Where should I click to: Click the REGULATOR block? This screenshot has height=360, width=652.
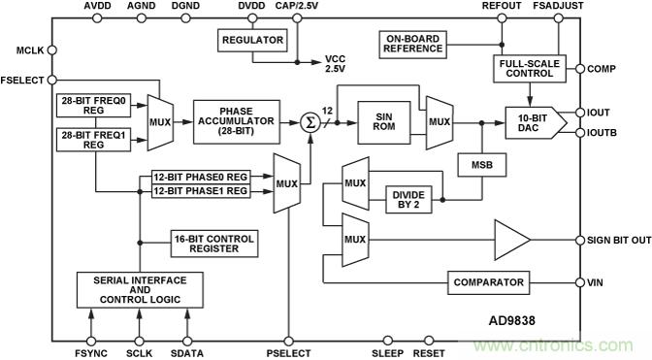tap(252, 40)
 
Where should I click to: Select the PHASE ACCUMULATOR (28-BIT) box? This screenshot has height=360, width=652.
tap(236, 122)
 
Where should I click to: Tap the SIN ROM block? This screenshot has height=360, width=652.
tap(384, 122)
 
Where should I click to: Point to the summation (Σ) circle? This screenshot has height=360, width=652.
tap(310, 122)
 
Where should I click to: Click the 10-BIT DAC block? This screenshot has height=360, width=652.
tap(536, 122)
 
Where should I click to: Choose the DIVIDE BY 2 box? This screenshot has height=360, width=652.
tap(408, 200)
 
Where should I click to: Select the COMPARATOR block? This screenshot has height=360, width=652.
tap(489, 282)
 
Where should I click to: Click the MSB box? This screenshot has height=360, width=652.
tap(482, 165)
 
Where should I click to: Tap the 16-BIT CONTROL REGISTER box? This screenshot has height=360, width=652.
tap(214, 244)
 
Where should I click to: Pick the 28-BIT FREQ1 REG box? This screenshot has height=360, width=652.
tap(93, 140)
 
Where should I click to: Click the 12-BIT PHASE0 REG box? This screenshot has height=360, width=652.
tap(201, 177)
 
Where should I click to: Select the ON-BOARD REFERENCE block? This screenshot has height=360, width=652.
tap(413, 44)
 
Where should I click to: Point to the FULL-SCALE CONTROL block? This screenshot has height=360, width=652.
tap(530, 69)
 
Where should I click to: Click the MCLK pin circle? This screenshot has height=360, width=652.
tap(52, 50)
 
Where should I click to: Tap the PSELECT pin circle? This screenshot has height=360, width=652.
tap(288, 342)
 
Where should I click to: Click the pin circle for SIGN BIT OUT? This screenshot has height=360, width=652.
tap(580, 241)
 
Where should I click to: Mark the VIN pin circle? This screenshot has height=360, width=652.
tap(580, 282)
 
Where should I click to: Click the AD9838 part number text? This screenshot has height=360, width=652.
tap(511, 320)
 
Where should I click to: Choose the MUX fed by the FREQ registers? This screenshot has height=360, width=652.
tap(160, 122)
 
